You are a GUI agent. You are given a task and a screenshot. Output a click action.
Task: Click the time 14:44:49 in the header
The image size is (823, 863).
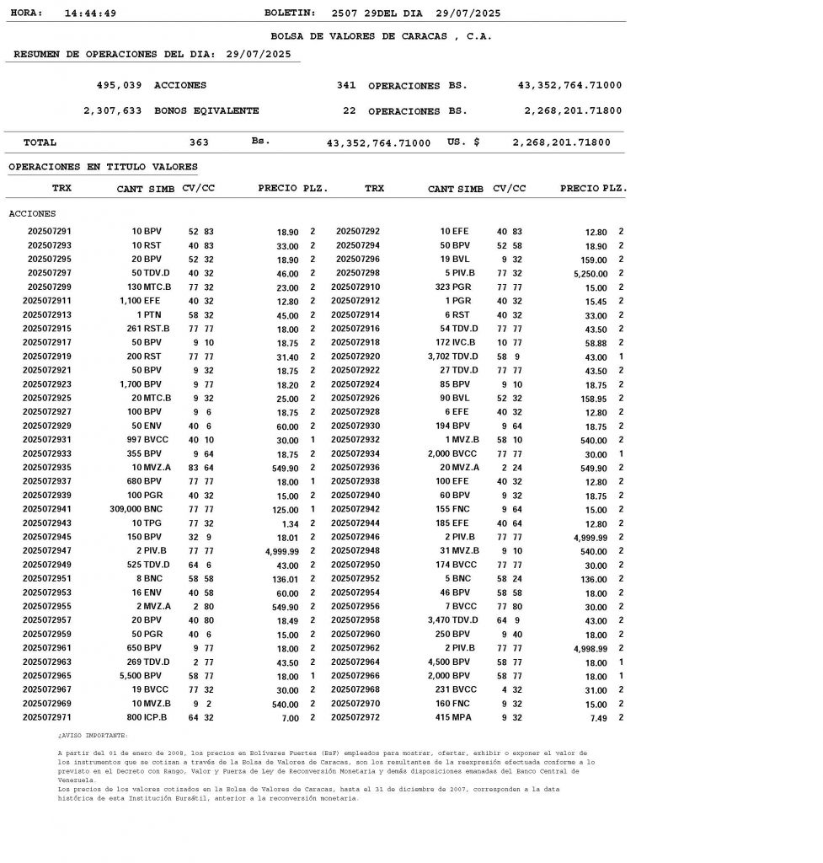pyautogui.click(x=90, y=13)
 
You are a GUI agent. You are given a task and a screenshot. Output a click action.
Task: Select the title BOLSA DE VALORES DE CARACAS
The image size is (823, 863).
pyautogui.click(x=381, y=36)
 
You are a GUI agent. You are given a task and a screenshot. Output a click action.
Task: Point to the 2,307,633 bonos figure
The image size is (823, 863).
pyautogui.click(x=112, y=110)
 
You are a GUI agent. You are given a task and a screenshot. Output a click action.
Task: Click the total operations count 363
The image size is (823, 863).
pyautogui.click(x=199, y=142)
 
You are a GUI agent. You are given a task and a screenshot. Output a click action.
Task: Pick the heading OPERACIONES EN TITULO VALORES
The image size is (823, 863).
pyautogui.click(x=103, y=167)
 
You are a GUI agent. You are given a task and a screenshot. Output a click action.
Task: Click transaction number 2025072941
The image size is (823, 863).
pyautogui.click(x=47, y=509)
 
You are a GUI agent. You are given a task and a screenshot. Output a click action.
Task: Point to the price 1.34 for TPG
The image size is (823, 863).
pyautogui.click(x=288, y=523)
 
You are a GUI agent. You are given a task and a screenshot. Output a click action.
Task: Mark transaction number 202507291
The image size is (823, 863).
pyautogui.click(x=50, y=231)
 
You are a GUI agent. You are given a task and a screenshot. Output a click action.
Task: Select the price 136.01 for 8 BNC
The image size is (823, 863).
pyautogui.click(x=281, y=579)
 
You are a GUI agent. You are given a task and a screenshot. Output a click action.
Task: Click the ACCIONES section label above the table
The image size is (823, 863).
pyautogui.click(x=32, y=213)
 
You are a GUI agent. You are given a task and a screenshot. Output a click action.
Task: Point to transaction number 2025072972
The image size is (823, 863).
pyautogui.click(x=355, y=717)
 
